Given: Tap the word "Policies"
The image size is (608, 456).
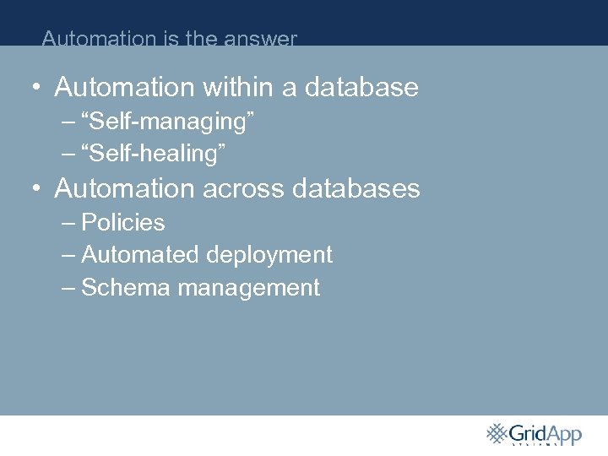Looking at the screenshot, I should pos(122,223).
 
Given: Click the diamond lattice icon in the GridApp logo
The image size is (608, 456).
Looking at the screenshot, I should pos(497,433).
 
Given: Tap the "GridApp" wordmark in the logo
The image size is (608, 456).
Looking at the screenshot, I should pos(546,434).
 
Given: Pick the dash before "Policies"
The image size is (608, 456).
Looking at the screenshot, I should pos(68,223).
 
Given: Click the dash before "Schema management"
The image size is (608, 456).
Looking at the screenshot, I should pos(68,288).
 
